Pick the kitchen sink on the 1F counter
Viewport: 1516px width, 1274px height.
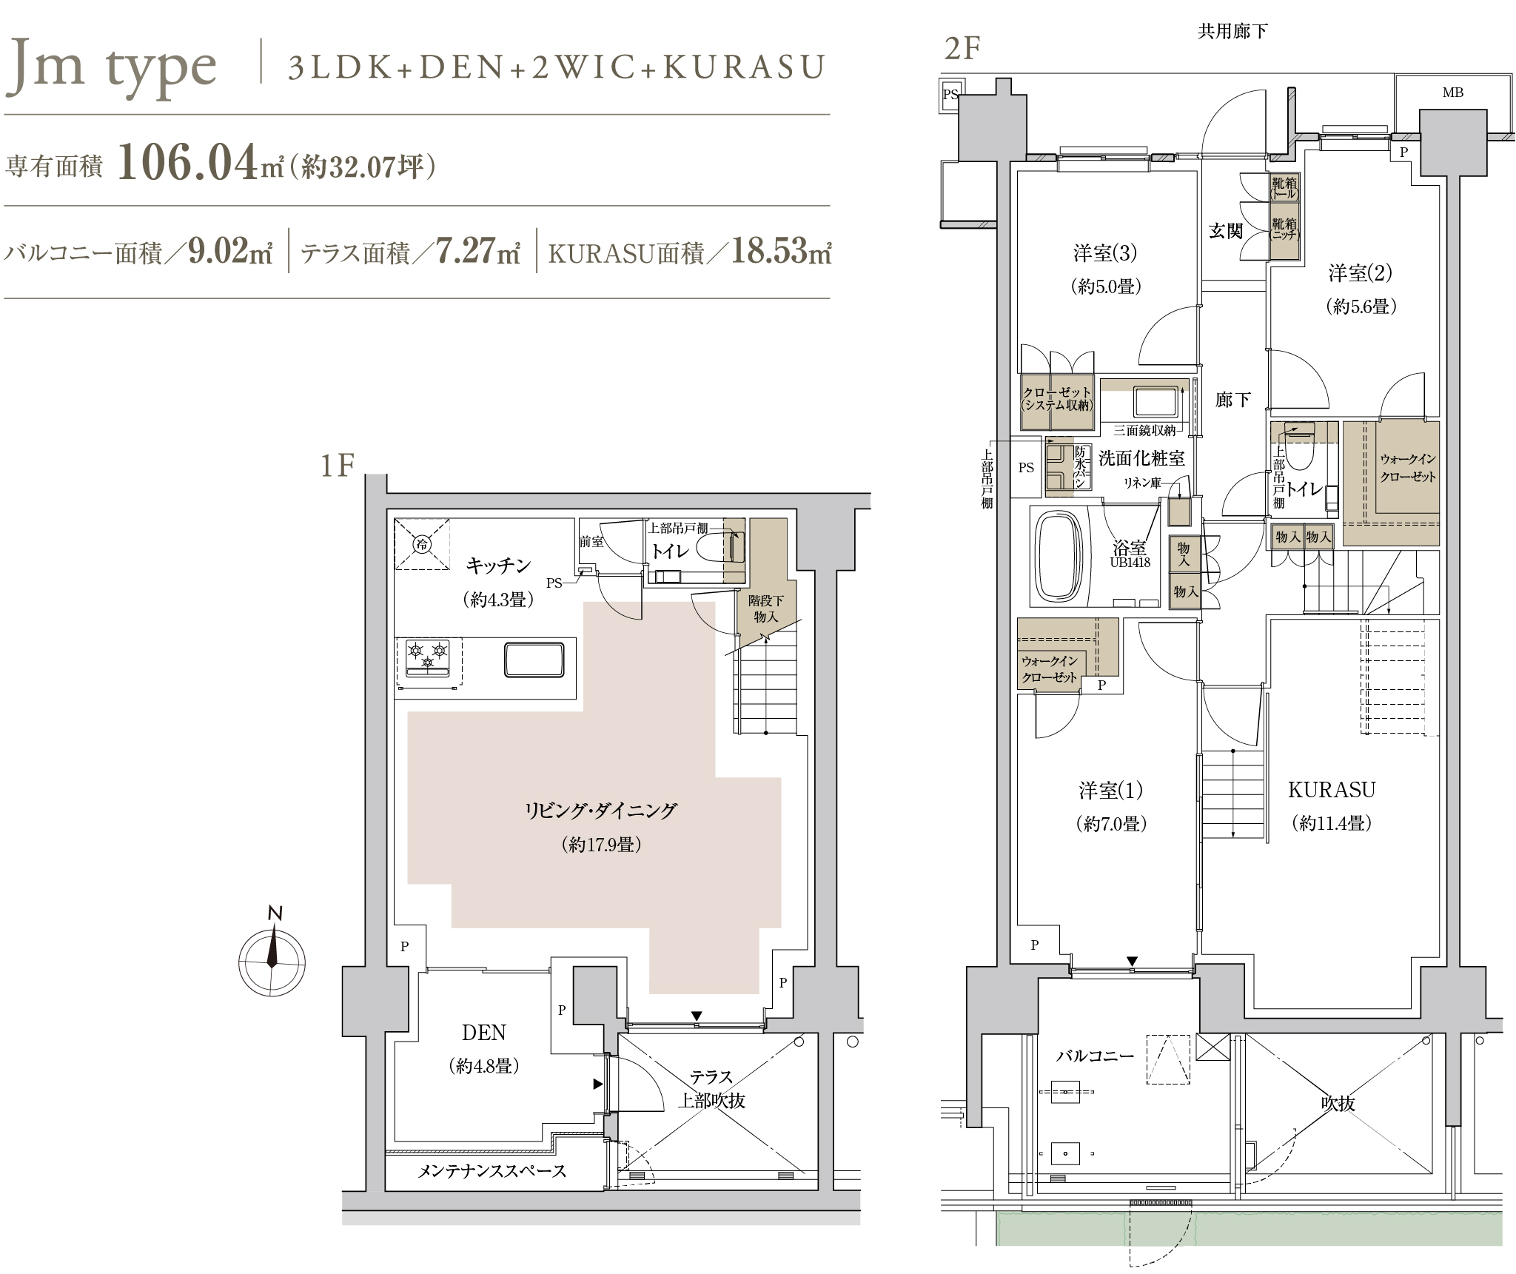pyautogui.click(x=534, y=659)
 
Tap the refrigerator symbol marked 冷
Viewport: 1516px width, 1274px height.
pyautogui.click(x=422, y=544)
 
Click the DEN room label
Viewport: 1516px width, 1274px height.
pyautogui.click(x=484, y=1032)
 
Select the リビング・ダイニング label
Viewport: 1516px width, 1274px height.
pyautogui.click(x=600, y=811)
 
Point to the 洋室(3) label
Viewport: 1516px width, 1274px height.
pyautogui.click(x=1105, y=253)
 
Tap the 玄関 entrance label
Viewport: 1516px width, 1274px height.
pyautogui.click(x=1226, y=231)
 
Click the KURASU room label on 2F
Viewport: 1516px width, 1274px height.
pyautogui.click(x=1332, y=789)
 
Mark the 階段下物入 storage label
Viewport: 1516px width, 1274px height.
pyautogui.click(x=765, y=608)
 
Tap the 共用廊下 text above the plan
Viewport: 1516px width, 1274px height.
pyautogui.click(x=1232, y=31)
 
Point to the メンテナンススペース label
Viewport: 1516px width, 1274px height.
pyautogui.click(x=492, y=1171)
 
